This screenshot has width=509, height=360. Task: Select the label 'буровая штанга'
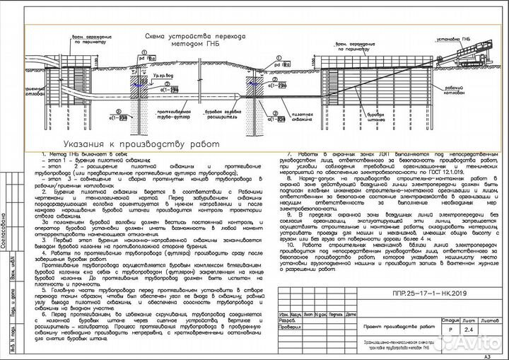click(x=419, y=113)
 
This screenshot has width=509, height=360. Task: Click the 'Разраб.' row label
click(x=287, y=321)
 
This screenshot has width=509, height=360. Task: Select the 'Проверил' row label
click(x=288, y=327)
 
